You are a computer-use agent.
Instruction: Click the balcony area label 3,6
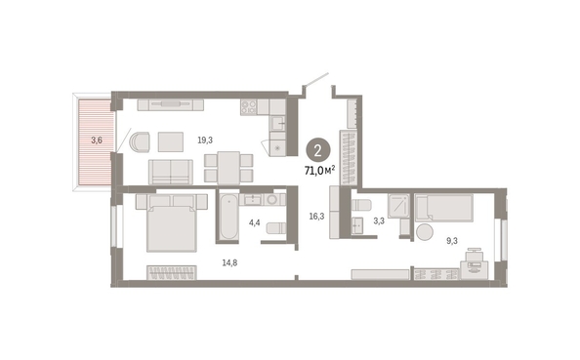click(x=97, y=140)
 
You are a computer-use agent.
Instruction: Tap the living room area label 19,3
click(x=205, y=140)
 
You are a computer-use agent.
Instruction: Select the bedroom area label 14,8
click(x=229, y=262)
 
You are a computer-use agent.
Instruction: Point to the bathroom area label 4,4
click(x=255, y=222)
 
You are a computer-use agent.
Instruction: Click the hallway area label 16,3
click(x=316, y=217)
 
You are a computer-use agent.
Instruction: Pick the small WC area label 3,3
click(x=379, y=221)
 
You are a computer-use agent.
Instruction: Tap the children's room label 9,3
click(x=452, y=241)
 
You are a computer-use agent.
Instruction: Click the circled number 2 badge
click(x=317, y=150)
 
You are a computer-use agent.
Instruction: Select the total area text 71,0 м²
click(x=320, y=171)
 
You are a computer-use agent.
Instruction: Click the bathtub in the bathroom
click(x=228, y=218)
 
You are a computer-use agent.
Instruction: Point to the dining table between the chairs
click(x=228, y=168)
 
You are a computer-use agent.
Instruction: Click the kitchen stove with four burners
click(x=249, y=107)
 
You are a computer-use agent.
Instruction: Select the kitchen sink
click(x=277, y=123)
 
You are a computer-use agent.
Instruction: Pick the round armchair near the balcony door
click(x=140, y=141)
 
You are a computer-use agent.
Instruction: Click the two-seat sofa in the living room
click(x=171, y=172)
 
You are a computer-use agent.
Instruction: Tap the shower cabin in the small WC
click(x=398, y=205)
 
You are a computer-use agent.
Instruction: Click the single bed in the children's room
click(x=444, y=208)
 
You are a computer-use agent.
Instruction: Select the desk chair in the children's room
click(x=474, y=255)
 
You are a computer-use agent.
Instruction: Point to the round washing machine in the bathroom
click(x=272, y=200)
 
